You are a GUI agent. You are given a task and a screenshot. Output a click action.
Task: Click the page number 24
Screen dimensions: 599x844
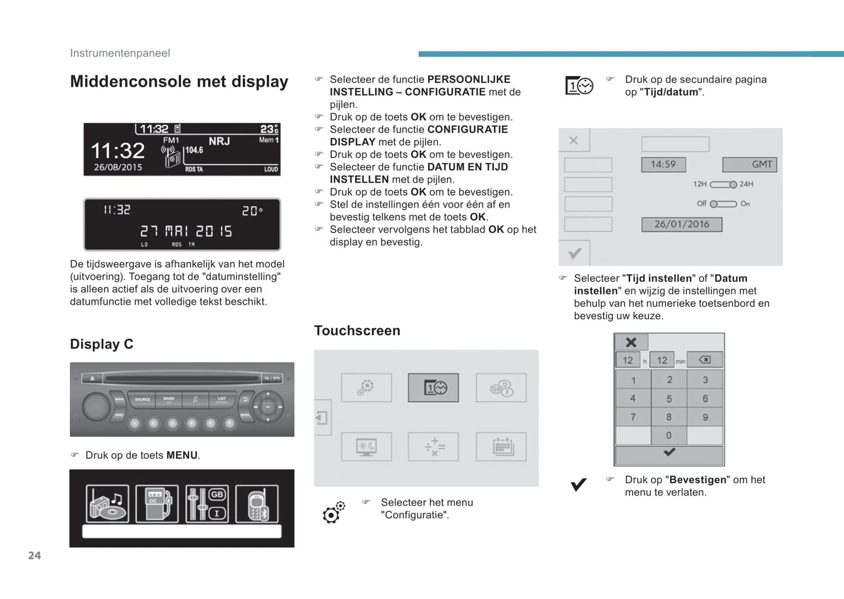point(34,556)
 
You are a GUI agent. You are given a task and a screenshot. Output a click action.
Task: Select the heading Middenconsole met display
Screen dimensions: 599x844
point(179,82)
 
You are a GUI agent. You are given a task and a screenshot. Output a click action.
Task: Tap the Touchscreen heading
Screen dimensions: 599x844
point(357,331)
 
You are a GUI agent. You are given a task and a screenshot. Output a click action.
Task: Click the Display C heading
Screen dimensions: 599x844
point(102,344)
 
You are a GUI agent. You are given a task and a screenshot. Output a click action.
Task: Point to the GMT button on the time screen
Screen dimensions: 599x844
point(750,165)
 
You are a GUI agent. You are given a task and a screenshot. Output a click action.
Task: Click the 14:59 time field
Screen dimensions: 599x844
point(664,165)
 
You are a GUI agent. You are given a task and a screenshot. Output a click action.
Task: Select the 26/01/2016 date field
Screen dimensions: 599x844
point(682,224)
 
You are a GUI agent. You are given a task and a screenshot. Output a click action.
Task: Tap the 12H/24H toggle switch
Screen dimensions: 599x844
point(723,184)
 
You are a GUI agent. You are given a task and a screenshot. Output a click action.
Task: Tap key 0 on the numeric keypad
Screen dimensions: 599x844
point(669,435)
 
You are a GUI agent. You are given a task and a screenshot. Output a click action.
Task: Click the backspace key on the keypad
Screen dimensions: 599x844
point(704,360)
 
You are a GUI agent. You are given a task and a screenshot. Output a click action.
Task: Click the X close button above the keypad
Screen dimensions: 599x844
point(631,343)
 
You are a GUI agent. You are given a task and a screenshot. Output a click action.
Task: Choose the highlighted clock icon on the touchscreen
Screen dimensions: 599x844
point(433,388)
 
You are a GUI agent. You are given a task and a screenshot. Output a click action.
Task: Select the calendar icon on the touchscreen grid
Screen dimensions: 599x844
point(501,447)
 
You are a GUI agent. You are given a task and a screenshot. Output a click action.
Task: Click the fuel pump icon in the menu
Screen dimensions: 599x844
point(157,503)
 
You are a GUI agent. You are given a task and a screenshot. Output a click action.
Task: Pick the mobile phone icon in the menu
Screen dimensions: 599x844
point(257,504)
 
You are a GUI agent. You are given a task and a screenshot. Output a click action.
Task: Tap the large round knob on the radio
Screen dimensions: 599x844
point(96,406)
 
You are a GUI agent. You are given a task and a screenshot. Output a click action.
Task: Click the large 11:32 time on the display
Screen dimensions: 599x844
point(117,151)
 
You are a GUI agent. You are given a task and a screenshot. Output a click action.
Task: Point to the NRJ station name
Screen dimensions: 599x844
point(219,141)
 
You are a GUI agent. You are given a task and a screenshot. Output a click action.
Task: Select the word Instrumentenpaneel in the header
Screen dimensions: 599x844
point(120,53)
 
